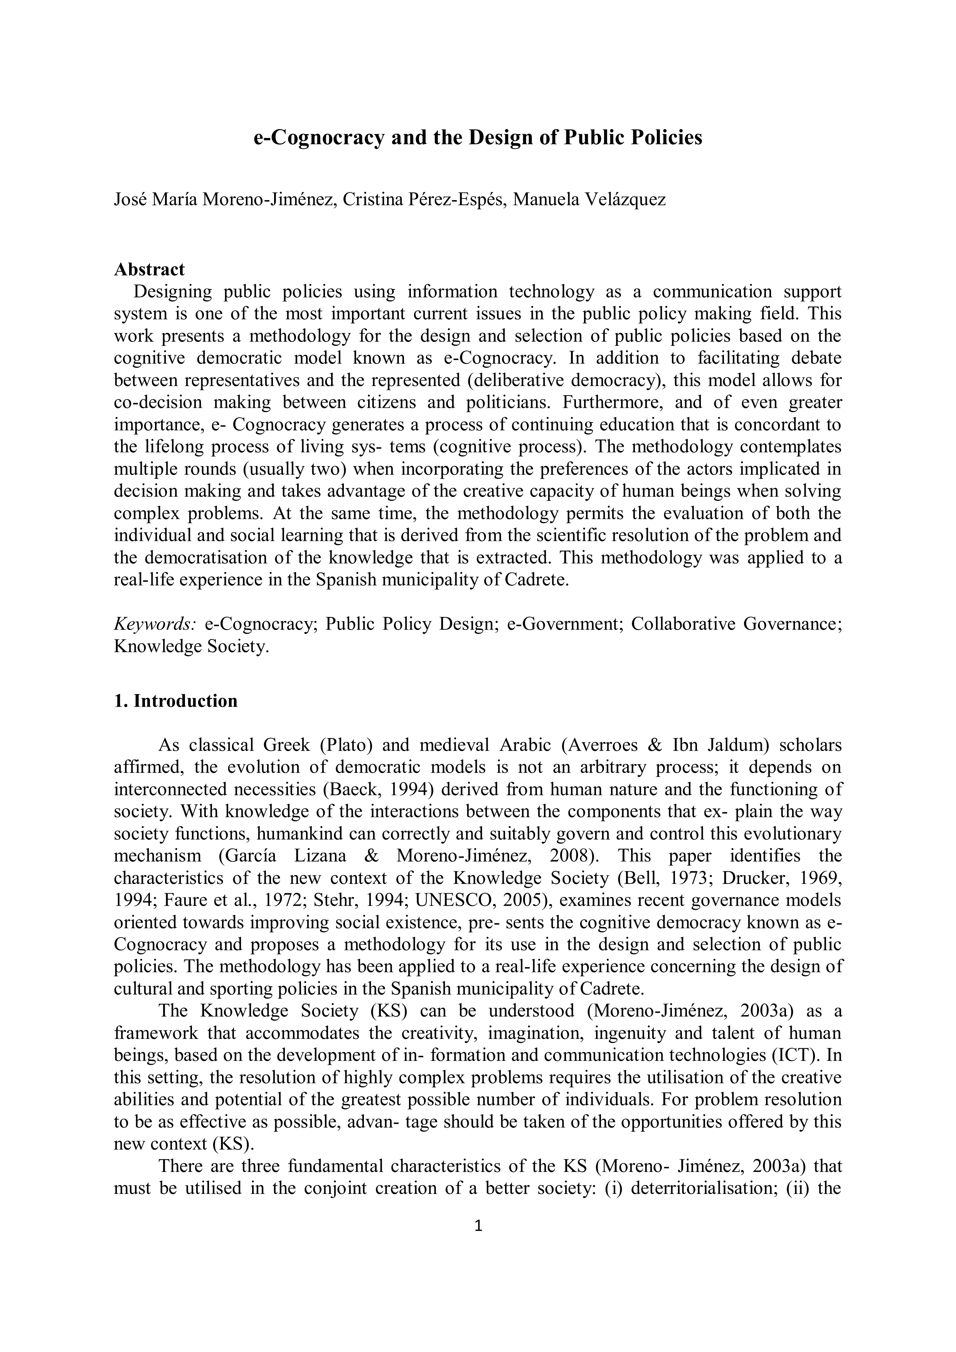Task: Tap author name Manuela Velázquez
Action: (589, 200)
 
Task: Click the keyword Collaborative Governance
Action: (736, 624)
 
